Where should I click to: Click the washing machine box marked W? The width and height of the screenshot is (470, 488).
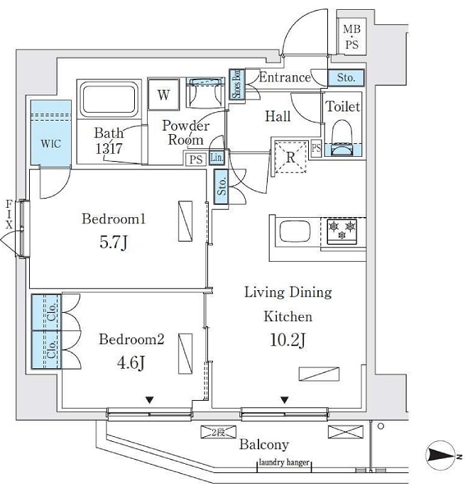[x=163, y=95]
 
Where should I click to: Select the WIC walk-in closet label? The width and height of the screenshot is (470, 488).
[x=50, y=143]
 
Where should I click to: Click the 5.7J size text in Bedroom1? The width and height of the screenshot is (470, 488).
[x=114, y=243]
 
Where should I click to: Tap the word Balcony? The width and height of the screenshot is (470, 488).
[x=263, y=445]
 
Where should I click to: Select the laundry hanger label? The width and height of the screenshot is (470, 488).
[x=284, y=462]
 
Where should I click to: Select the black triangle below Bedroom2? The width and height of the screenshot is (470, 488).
[x=150, y=400]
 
